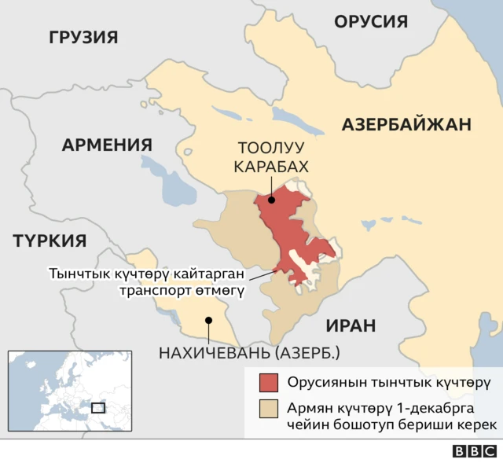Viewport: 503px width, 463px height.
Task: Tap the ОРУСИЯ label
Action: pyautogui.click(x=371, y=21)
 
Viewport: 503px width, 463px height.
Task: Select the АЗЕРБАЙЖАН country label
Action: pyautogui.click(x=406, y=123)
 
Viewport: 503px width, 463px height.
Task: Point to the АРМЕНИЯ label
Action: pyautogui.click(x=107, y=145)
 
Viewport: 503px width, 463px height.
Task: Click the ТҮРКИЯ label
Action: pyautogui.click(x=49, y=241)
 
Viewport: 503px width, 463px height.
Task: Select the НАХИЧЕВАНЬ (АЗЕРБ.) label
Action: pyautogui.click(x=249, y=353)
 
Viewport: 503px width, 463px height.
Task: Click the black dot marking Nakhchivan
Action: pyautogui.click(x=208, y=320)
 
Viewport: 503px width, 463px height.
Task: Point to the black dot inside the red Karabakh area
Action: pyautogui.click(x=271, y=200)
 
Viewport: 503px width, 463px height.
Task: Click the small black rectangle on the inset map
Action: pyautogui.click(x=97, y=407)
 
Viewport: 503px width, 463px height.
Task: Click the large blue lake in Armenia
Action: pyautogui.click(x=174, y=189)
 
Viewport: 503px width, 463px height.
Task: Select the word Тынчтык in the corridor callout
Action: pyautogui.click(x=78, y=274)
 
